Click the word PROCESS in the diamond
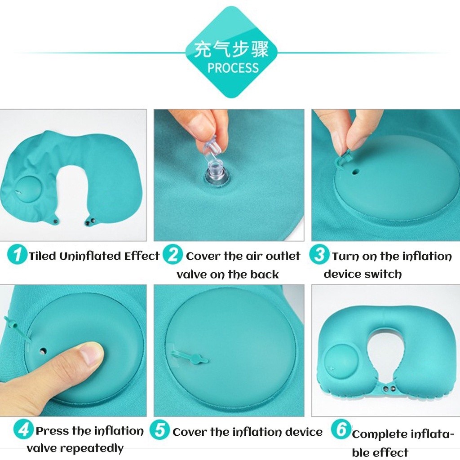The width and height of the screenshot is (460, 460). tap(233, 68)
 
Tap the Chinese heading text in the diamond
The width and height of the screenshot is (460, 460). tap(231, 49)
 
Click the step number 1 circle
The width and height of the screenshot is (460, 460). tap(17, 254)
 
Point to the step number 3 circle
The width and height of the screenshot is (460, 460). tap(319, 254)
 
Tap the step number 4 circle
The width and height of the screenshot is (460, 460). tap(23, 429)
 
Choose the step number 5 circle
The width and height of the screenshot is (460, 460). tap(159, 429)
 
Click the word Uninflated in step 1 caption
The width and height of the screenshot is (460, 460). tap(90, 256)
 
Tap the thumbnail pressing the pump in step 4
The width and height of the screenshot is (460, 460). tap(91, 354)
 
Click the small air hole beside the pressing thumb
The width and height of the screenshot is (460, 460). tap(44, 350)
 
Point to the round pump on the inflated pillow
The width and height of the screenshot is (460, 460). tap(341, 362)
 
